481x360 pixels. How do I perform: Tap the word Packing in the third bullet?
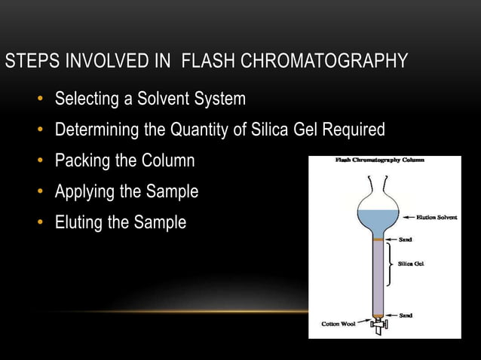(84, 161)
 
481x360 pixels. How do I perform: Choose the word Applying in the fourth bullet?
(86, 192)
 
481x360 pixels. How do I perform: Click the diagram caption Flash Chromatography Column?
(379, 160)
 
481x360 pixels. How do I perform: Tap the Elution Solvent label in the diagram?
(435, 217)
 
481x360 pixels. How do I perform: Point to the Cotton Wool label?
(339, 325)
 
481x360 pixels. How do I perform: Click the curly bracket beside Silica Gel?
(389, 264)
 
